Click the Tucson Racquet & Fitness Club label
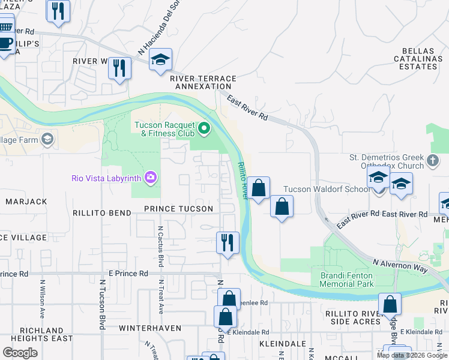click(x=164, y=129)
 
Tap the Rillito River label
click(x=243, y=180)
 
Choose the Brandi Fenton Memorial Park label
click(x=346, y=279)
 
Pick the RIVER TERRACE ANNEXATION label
click(x=203, y=82)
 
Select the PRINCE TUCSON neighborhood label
click(x=178, y=209)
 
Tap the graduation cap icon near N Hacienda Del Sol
click(x=160, y=59)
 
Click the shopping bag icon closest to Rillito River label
click(x=259, y=188)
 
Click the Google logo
click(x=20, y=352)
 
